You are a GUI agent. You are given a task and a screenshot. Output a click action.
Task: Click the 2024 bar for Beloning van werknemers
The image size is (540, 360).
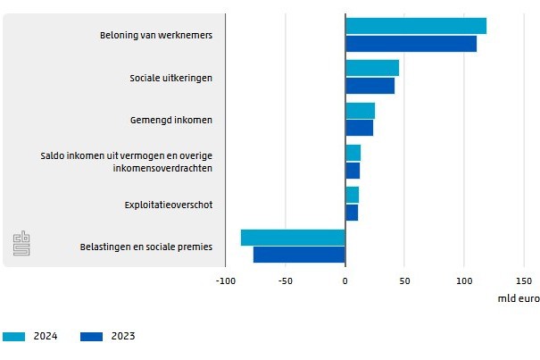(x=416, y=26)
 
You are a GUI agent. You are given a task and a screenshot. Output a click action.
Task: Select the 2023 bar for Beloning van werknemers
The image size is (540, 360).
(x=411, y=43)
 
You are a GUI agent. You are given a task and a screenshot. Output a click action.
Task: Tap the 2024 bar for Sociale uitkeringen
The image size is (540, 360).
(x=372, y=68)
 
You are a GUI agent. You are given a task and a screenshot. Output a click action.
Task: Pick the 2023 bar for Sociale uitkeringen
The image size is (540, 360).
(x=370, y=86)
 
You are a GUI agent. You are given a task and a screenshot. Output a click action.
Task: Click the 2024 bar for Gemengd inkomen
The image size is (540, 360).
(x=360, y=111)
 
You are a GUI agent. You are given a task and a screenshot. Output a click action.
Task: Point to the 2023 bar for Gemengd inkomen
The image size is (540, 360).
(x=359, y=128)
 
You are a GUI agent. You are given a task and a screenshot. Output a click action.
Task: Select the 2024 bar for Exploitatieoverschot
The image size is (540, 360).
(x=352, y=195)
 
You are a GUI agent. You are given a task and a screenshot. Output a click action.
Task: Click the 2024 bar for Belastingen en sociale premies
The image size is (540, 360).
(x=293, y=237)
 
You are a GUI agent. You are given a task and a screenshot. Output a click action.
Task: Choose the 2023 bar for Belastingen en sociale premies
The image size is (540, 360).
(x=299, y=255)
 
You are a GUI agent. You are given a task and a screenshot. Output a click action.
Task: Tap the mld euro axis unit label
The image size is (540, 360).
(x=518, y=299)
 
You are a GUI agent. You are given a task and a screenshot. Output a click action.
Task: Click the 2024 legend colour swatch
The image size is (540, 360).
(x=15, y=337)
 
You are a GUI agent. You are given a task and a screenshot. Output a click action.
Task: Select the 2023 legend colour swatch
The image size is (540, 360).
(x=93, y=337)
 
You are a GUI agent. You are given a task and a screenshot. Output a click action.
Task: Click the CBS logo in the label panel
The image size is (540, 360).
(x=21, y=243)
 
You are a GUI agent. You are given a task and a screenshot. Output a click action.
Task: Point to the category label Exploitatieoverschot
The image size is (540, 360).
(x=168, y=205)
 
